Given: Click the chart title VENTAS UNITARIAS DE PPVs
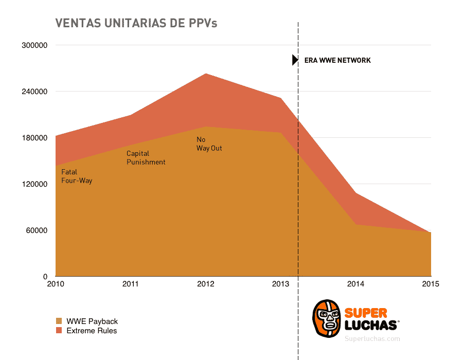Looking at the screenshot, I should [136, 23].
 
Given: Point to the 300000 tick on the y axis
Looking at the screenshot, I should [34, 45].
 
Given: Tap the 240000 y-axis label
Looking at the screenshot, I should [34, 92].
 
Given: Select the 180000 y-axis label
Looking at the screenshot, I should [34, 138].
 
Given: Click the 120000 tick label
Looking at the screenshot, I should [34, 184].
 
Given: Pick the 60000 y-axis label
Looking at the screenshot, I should [37, 230].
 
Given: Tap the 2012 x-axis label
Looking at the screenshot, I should [205, 284].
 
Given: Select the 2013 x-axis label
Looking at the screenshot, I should [280, 284].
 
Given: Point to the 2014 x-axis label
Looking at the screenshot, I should [355, 284].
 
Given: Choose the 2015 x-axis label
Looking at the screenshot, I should [431, 284].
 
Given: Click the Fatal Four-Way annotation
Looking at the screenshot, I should [77, 176].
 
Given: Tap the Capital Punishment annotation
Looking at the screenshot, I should [146, 158].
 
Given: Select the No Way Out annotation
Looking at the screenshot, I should [209, 144].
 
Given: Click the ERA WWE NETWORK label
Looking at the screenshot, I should [337, 60].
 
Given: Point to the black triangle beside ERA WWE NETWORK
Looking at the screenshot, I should [295, 60].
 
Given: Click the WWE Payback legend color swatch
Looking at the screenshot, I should [59, 321].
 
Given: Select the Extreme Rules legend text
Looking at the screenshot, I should [92, 331].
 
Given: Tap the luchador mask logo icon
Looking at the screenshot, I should [327, 319].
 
